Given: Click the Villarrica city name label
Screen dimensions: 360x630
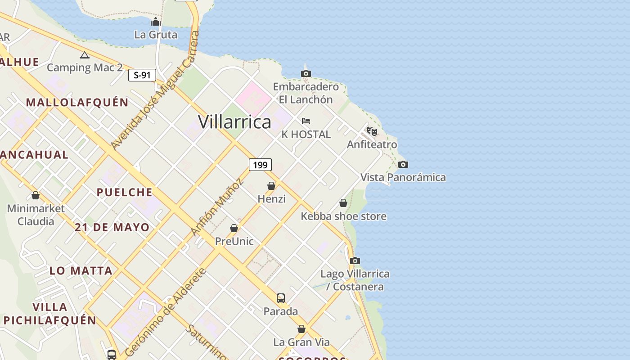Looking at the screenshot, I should tap(234, 122).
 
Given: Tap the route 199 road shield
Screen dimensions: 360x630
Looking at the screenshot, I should tap(260, 165).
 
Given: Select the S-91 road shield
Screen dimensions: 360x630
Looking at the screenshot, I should tap(142, 75).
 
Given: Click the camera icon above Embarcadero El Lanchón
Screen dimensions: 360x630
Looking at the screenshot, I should tap(306, 73).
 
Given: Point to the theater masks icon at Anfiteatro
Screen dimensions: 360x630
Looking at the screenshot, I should tap(372, 131).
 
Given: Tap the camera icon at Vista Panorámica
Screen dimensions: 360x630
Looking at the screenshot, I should tap(403, 164).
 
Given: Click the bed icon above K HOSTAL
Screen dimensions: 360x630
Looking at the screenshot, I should tap(306, 121).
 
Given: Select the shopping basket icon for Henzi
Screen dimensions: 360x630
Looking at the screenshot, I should tap(271, 186).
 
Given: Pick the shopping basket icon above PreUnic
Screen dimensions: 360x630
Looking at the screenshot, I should tap(234, 228).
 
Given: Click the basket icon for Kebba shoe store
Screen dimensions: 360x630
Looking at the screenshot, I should tap(343, 203).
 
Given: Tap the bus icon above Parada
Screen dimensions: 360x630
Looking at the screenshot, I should tap(281, 298).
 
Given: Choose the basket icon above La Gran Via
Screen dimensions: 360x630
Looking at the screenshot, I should tap(301, 329).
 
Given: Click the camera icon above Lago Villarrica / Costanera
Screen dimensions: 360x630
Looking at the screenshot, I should tap(355, 261).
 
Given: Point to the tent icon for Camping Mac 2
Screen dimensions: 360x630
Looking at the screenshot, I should tap(84, 55).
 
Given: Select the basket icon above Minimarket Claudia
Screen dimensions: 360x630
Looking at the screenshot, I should tap(36, 195).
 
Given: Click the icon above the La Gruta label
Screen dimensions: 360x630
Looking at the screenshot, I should tap(156, 22).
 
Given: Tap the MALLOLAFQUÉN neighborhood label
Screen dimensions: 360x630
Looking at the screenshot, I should tap(77, 103).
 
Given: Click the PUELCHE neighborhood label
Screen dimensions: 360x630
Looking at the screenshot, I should tap(125, 192).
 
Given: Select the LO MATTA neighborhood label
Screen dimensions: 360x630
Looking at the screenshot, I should tap(81, 270).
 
